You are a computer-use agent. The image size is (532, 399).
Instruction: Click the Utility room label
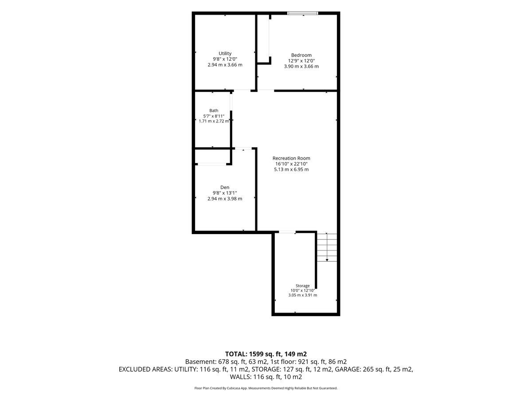point(225,53)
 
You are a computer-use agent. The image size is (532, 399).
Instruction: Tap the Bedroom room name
point(301,55)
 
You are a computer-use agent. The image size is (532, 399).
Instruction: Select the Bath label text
point(214,110)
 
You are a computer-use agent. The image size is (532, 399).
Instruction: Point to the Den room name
point(225,187)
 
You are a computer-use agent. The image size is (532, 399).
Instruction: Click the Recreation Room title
point(291,158)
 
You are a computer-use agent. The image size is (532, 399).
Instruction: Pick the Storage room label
point(302,286)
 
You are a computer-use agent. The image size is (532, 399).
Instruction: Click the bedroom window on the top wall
point(302,13)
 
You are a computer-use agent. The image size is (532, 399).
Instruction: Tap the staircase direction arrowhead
point(327,260)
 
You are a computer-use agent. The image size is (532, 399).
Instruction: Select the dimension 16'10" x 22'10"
point(291,164)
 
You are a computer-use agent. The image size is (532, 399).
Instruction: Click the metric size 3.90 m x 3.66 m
point(301,66)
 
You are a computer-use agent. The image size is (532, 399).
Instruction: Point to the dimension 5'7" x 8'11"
point(214,116)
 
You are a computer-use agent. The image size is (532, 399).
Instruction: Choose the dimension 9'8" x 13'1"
point(225,193)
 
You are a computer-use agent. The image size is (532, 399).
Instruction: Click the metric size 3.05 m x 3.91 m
point(302,295)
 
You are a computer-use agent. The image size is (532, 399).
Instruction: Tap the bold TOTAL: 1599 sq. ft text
point(254,354)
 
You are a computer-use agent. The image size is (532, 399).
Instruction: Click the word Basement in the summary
point(199,362)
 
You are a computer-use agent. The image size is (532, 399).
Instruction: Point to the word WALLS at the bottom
point(240,377)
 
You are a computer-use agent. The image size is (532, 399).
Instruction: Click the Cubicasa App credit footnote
point(266,388)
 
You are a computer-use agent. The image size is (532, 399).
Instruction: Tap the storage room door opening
point(287,232)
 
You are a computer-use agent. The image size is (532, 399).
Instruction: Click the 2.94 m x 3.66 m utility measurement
point(225,65)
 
